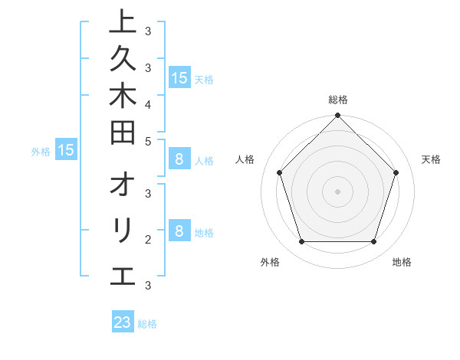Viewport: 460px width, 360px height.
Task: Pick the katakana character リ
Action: point(123,231)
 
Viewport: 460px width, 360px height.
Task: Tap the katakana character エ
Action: point(123,275)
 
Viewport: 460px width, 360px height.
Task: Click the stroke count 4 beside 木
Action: point(147,103)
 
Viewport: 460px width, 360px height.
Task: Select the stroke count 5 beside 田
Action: point(147,140)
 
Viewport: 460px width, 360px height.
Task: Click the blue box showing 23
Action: point(123,322)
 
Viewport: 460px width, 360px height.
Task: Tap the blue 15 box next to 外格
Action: point(67,150)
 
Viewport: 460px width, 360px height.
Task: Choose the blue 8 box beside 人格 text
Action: point(179,159)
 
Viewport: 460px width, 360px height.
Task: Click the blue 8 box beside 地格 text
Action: point(179,231)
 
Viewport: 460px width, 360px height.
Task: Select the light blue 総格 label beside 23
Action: point(147,324)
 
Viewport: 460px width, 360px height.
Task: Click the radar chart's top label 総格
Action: point(337,100)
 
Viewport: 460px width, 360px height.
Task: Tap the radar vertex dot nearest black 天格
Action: point(396,172)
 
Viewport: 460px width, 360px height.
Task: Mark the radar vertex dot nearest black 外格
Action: point(301,241)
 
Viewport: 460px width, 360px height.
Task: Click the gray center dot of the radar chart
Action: point(337,191)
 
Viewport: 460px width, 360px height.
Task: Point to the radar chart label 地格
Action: point(402,263)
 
